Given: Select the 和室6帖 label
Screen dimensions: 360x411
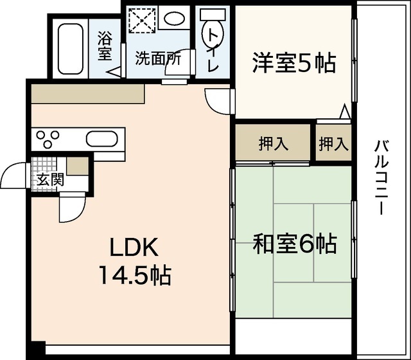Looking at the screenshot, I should [294, 244].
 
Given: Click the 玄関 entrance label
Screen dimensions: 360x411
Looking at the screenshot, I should [49, 179].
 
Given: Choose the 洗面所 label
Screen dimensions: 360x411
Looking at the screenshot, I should [157, 57].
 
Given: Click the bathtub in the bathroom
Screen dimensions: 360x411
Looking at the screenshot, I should [70, 48].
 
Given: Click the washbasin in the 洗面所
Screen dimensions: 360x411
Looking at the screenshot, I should [173, 19].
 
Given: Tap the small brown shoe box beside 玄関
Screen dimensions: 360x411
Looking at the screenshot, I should [77, 165].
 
